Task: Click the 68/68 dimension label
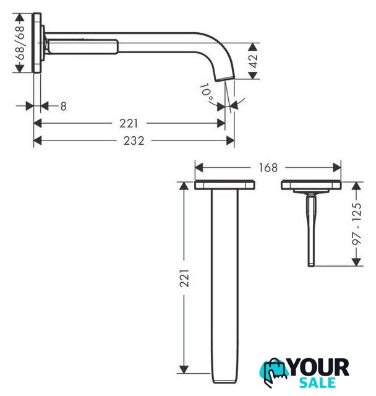point(20,43)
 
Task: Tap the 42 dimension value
point(253,61)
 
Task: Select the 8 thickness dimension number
point(63,106)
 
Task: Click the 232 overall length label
point(134,140)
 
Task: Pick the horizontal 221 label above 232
point(129,124)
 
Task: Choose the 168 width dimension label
point(268,168)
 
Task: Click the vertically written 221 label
point(184,278)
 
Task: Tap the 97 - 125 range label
point(357,223)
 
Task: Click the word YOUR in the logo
point(319,368)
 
